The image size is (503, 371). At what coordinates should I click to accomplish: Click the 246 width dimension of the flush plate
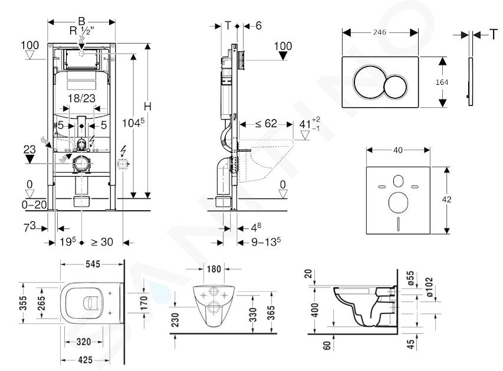click(380, 32)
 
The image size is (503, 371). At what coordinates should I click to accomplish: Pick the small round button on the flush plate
click(394, 89)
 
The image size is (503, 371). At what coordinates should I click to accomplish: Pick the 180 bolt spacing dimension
click(213, 269)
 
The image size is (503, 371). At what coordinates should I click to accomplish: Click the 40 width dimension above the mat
click(398, 151)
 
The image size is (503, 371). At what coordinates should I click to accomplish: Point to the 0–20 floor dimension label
click(34, 204)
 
